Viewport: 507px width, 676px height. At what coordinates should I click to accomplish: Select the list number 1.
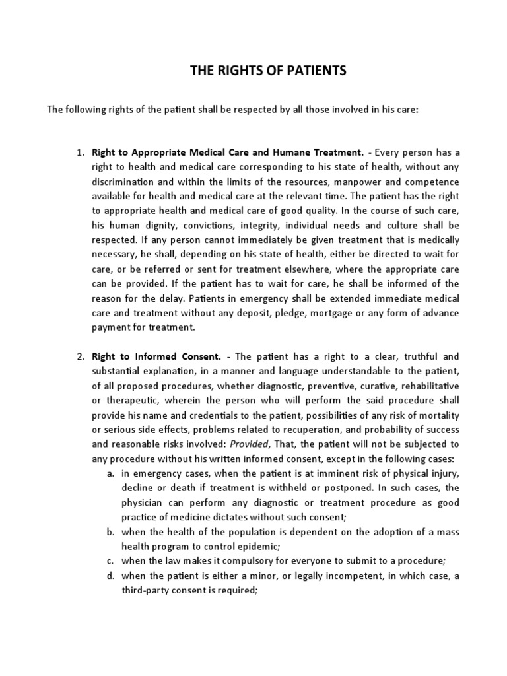pyautogui.click(x=79, y=153)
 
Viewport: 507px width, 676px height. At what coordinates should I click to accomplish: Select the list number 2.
pyautogui.click(x=79, y=356)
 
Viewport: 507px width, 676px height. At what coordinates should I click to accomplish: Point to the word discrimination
pyautogui.click(x=121, y=182)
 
